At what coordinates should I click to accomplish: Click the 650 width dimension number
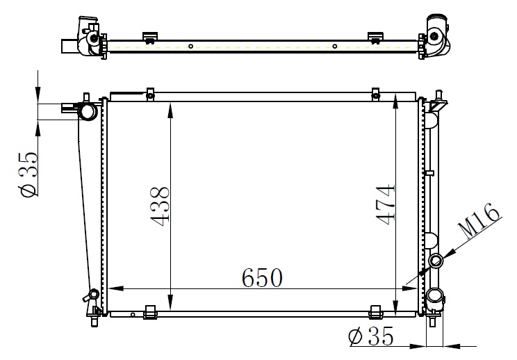(262, 277)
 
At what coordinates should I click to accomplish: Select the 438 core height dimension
(160, 206)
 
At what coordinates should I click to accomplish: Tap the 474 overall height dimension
(385, 204)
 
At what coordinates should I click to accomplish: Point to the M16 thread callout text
(479, 220)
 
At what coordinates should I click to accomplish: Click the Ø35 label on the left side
(29, 174)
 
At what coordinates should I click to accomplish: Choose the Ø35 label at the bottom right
(371, 336)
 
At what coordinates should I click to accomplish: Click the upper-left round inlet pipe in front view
(88, 111)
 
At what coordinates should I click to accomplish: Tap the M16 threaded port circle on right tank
(436, 261)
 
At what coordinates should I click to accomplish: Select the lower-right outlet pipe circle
(434, 296)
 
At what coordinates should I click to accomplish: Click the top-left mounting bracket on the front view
(150, 95)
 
